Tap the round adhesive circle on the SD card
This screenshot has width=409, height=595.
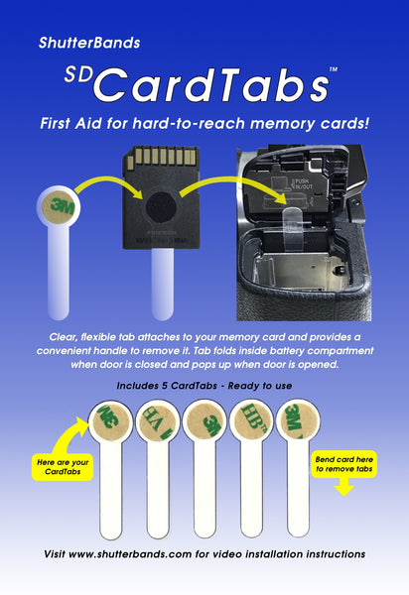[158, 211]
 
